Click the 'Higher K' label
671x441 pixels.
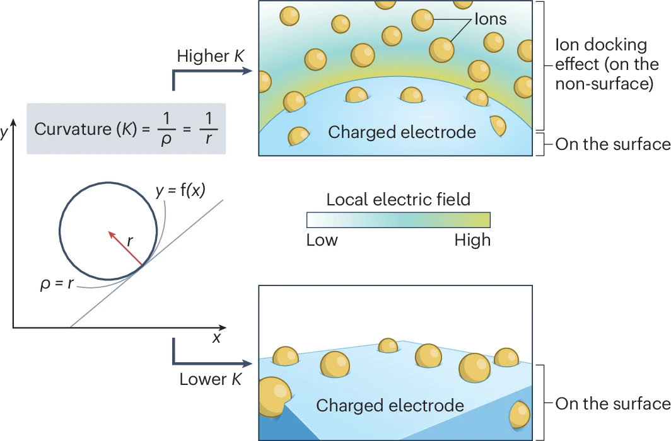click(211, 55)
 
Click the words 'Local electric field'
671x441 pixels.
click(398, 200)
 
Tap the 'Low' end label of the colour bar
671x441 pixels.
click(322, 240)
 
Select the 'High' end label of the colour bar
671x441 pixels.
click(472, 240)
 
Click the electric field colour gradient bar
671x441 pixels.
click(398, 219)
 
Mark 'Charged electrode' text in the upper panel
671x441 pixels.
click(402, 132)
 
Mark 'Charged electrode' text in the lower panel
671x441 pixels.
click(390, 405)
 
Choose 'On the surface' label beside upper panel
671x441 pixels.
click(612, 144)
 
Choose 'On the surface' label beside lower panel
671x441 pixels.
click(612, 404)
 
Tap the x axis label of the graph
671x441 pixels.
click(216, 338)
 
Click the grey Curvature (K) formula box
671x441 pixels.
click(126, 129)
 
